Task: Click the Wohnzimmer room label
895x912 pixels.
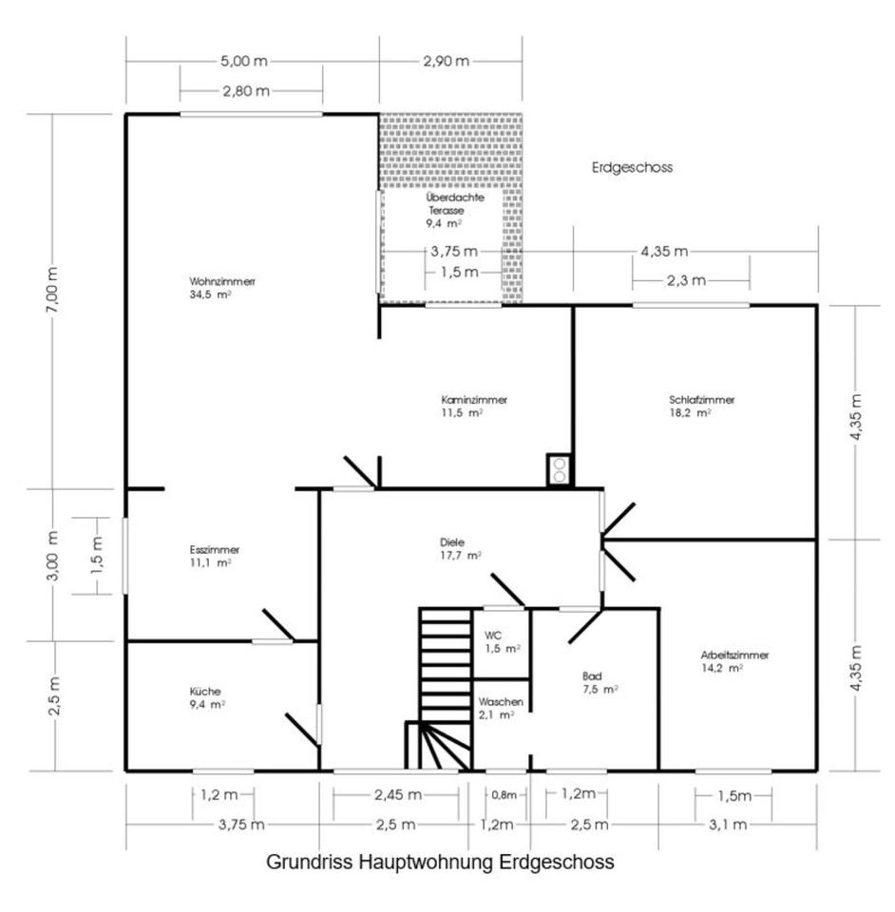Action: (x=222, y=281)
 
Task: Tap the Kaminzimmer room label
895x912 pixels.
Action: (x=474, y=400)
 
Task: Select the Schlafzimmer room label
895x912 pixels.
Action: (x=701, y=400)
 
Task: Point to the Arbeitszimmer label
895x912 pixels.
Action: (x=734, y=655)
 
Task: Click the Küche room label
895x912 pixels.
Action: (x=204, y=692)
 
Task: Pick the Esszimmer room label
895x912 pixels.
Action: (x=214, y=550)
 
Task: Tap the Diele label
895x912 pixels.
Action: (x=452, y=542)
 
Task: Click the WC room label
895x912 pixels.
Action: (x=492, y=636)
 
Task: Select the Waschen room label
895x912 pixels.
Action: (x=501, y=702)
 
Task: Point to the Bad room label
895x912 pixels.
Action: (x=592, y=676)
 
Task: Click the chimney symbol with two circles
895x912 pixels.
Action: (x=560, y=470)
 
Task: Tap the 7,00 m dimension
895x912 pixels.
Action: (x=52, y=291)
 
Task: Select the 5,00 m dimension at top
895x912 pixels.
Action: (x=243, y=61)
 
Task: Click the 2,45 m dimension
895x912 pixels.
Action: (x=398, y=794)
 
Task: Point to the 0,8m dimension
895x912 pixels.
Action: (x=504, y=795)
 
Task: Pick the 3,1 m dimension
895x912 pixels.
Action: (x=727, y=825)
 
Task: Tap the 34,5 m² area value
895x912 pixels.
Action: (x=211, y=294)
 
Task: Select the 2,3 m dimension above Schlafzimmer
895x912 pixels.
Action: (x=686, y=281)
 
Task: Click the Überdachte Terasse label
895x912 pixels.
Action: (x=455, y=203)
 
